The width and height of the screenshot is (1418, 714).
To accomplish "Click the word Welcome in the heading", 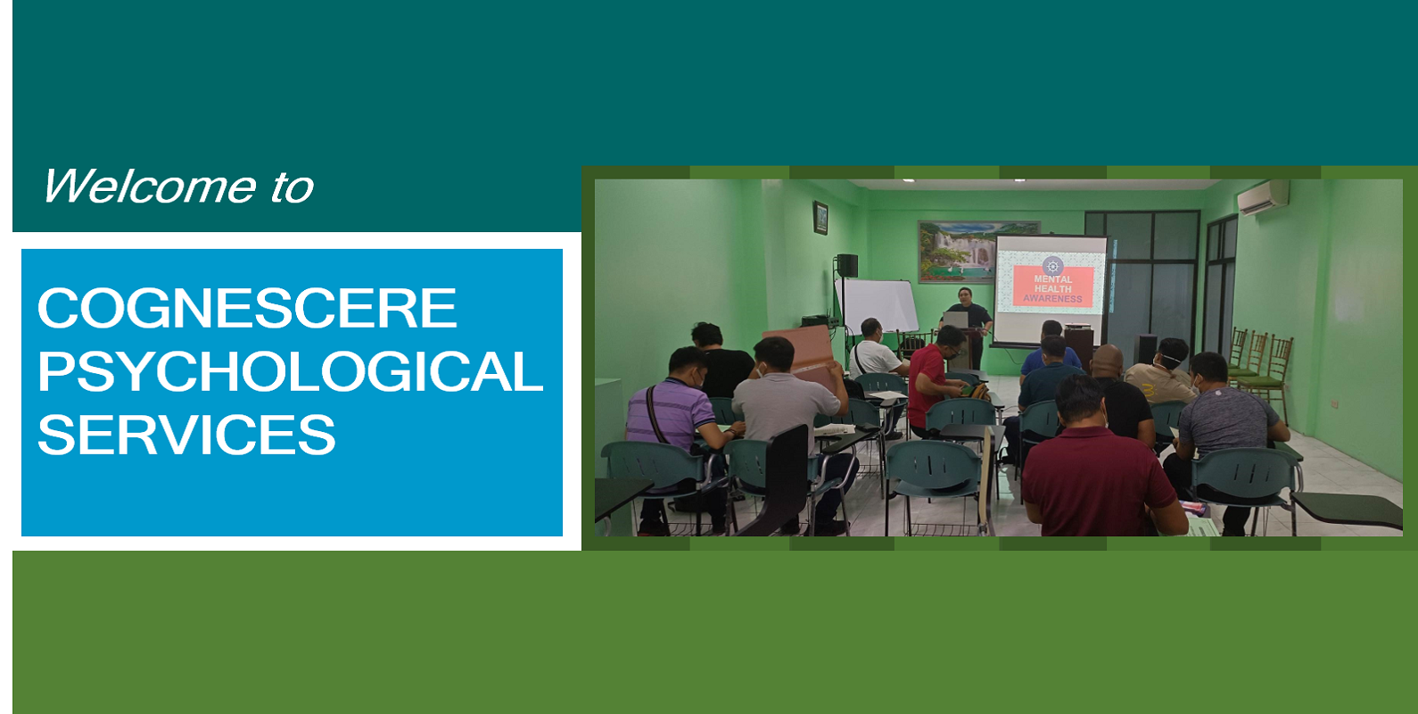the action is pos(149,187).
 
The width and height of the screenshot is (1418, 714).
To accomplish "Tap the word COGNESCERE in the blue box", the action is pos(247,308).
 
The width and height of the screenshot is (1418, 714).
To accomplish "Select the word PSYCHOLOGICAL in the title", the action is pos(291,371).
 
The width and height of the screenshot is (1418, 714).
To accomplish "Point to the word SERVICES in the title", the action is pos(186,435).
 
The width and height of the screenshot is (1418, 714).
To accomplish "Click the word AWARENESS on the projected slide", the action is pos(1052,298).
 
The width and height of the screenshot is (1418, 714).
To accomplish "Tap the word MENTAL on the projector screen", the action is pos(1052,278).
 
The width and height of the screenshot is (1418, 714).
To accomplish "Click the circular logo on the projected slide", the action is pos(1052,265).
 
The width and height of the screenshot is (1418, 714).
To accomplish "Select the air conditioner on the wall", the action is pos(1263,197).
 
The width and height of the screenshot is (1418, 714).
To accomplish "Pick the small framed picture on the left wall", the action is pos(820,218).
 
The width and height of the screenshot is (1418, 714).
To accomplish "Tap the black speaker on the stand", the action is pos(847,265).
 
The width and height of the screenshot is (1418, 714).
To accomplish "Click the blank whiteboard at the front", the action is pos(878,306).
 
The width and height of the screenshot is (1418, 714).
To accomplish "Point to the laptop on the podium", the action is pos(956,320).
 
